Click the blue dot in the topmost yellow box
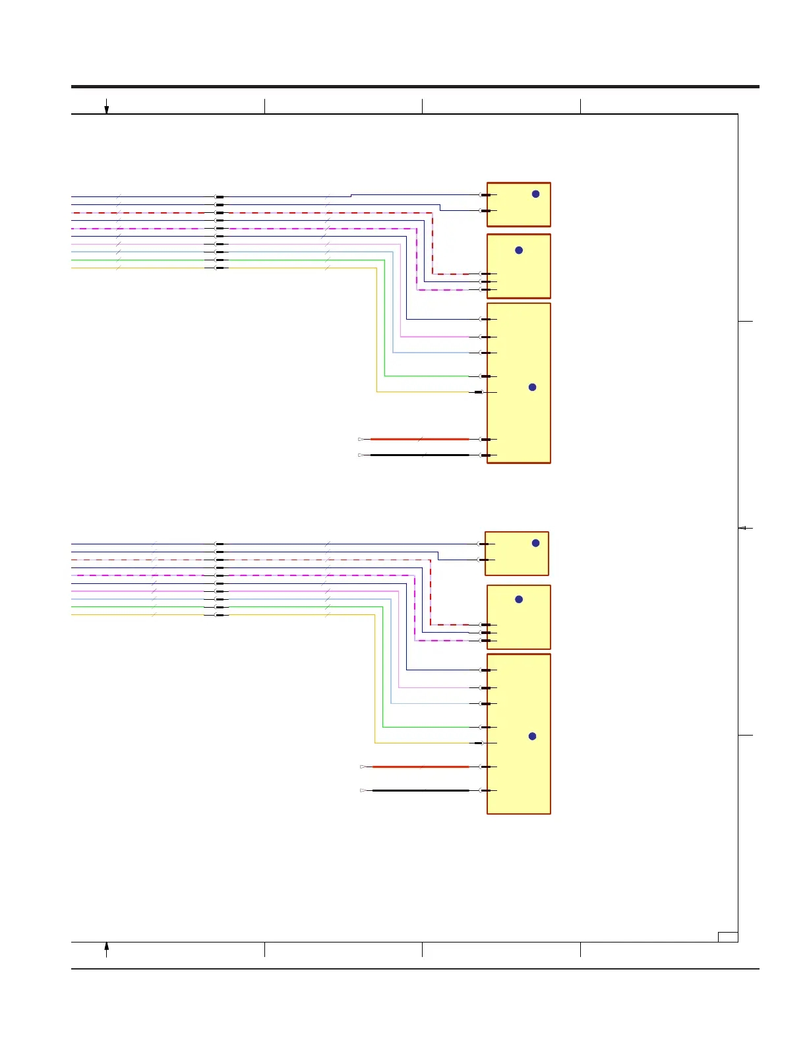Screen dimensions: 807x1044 [535, 194]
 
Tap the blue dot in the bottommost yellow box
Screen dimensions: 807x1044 [532, 736]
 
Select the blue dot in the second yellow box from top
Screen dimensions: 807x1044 [519, 250]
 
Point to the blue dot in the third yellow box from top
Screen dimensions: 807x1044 [532, 387]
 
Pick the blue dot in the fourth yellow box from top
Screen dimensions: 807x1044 [535, 543]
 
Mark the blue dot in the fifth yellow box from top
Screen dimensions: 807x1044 [519, 599]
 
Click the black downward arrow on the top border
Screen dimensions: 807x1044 [106, 107]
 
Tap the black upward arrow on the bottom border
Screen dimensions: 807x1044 [106, 949]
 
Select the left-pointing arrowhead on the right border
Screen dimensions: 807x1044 [742, 528]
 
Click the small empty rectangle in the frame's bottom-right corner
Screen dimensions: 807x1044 [728, 937]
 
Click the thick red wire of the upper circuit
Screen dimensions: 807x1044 [419, 439]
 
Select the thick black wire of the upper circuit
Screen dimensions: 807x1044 [419, 455]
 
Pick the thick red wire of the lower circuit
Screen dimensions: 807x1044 [421, 767]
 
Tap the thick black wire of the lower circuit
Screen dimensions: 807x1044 [421, 790]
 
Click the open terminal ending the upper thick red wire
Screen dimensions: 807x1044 [361, 439]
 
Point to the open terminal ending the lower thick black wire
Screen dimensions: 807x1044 [363, 790]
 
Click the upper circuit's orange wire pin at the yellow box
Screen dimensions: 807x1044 [479, 392]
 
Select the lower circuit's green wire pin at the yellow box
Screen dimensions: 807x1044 [485, 727]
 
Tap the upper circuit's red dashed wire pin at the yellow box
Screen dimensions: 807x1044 [485, 274]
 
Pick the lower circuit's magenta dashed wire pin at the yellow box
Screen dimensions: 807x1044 [485, 641]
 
